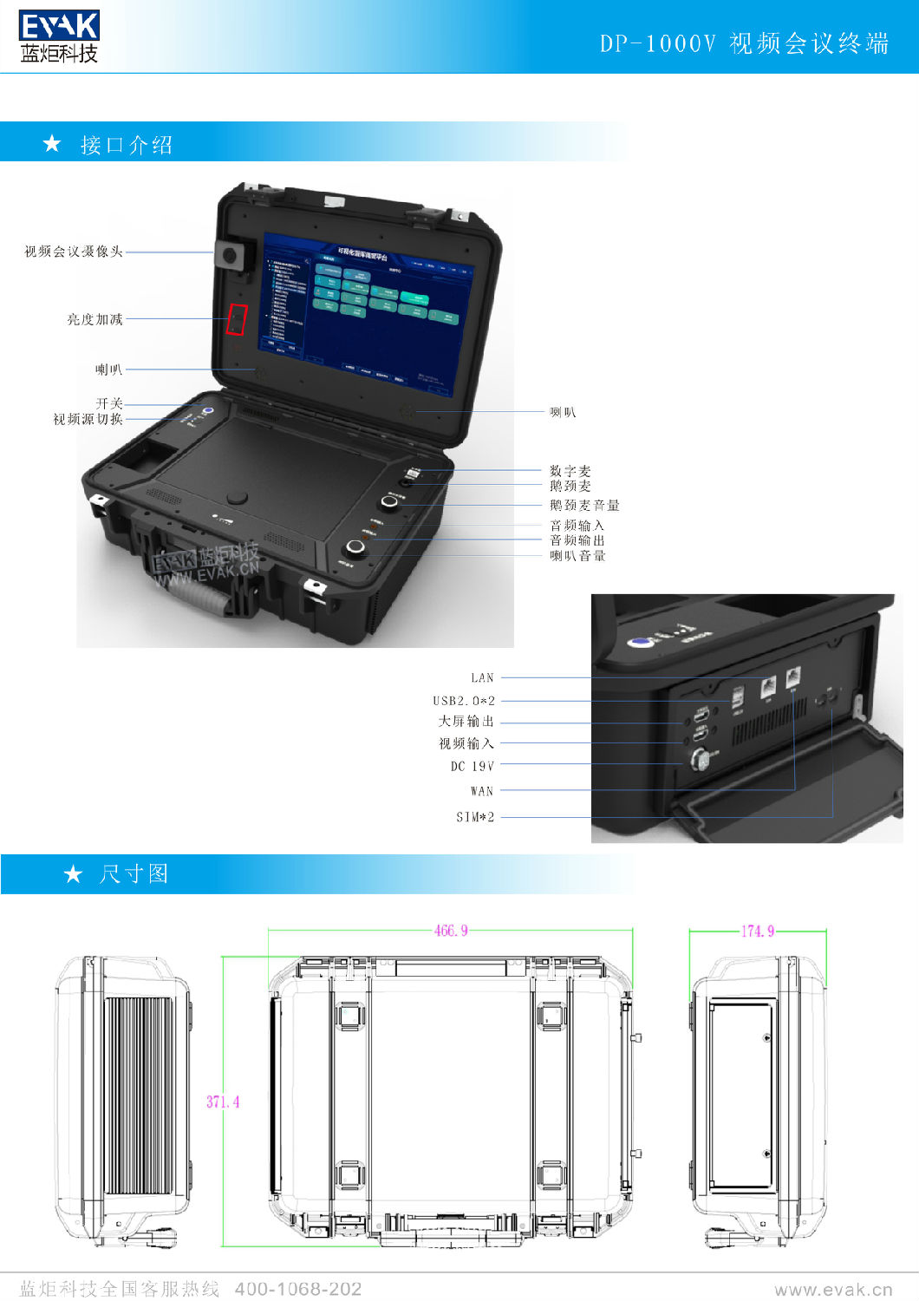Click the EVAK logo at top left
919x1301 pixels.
58,36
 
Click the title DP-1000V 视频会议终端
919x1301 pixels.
744,43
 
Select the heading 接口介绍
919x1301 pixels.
126,145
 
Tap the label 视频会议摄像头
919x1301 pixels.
74,252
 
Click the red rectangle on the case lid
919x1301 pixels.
237,319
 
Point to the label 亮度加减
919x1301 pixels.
95,319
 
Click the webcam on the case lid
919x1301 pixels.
231,255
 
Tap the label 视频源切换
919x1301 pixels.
88,419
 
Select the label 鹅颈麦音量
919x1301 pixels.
584,505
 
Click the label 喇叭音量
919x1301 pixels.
577,556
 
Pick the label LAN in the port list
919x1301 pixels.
482,677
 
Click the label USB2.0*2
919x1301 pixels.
464,700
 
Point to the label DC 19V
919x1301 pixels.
472,766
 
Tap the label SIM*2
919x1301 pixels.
475,817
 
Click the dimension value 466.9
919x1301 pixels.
451,931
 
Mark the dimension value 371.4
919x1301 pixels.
223,1102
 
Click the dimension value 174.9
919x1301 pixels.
757,931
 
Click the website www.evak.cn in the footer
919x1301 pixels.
833,1290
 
